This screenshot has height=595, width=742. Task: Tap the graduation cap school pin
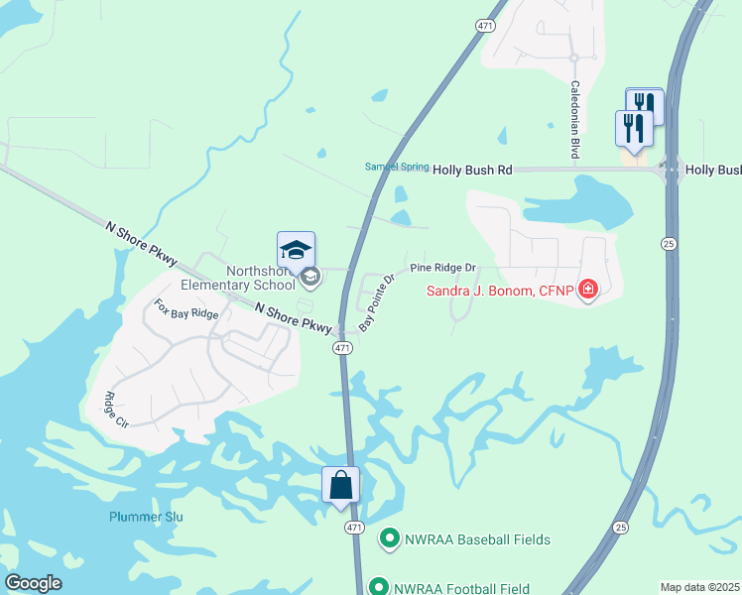(x=297, y=249)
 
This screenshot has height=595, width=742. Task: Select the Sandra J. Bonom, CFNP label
(x=502, y=291)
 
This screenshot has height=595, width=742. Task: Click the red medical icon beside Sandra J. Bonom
(x=588, y=290)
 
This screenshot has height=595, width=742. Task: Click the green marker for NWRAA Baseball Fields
(x=389, y=539)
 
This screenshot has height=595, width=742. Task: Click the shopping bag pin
(x=340, y=485)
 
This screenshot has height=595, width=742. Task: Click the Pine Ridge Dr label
(x=443, y=268)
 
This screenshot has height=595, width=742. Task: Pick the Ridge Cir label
(x=116, y=410)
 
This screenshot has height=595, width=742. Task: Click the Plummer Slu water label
(x=146, y=517)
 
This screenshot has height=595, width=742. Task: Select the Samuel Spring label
(x=395, y=167)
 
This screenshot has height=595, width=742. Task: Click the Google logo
(x=33, y=582)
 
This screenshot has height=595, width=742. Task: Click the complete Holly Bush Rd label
(x=471, y=171)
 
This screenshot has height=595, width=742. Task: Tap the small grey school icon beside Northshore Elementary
(x=309, y=277)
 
